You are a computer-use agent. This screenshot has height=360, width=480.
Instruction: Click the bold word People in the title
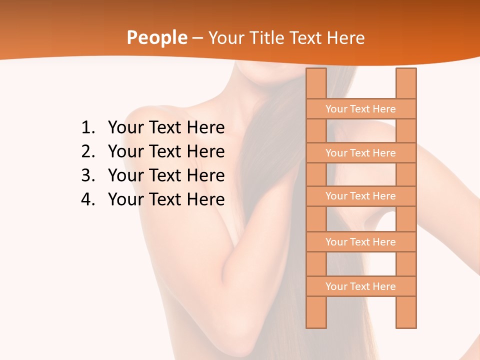click(x=157, y=38)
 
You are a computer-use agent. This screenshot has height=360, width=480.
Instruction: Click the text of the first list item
click(x=166, y=128)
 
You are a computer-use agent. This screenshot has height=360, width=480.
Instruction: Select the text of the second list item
click(x=166, y=151)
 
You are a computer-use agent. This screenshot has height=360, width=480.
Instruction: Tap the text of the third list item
click(x=166, y=175)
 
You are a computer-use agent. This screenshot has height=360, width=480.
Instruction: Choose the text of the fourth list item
click(x=166, y=199)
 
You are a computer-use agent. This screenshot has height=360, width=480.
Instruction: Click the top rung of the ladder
click(x=360, y=109)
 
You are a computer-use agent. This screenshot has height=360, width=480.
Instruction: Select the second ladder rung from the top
click(x=360, y=153)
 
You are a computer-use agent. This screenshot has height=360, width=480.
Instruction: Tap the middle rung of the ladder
click(x=360, y=196)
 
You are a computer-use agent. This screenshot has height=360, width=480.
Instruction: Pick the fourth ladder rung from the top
click(x=360, y=242)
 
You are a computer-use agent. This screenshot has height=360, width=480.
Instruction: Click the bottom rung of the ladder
click(x=360, y=286)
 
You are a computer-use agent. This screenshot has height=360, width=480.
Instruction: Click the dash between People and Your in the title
click(x=197, y=38)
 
